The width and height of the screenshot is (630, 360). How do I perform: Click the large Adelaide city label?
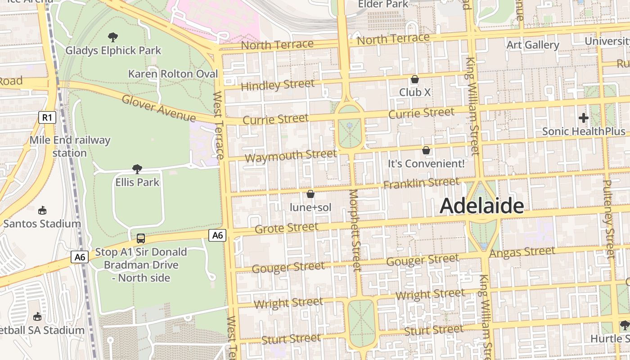click(481, 206)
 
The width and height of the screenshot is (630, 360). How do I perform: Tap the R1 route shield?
click(47, 118)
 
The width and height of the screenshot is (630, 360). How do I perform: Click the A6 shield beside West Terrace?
click(217, 235)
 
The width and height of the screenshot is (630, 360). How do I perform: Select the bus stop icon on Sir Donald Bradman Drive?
click(141, 238)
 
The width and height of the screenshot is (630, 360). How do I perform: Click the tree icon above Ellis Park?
click(137, 169)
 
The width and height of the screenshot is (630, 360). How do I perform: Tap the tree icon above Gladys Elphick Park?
click(113, 37)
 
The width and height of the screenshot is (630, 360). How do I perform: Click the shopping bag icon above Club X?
click(415, 79)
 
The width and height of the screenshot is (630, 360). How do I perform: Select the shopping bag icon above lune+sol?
click(310, 194)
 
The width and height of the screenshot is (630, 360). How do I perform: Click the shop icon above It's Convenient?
click(426, 150)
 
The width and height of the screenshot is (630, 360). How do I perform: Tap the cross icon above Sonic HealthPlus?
click(584, 118)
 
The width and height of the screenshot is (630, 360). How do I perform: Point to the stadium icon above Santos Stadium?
click(42, 210)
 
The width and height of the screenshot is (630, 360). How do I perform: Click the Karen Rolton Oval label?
click(173, 74)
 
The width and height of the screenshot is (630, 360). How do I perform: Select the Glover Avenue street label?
click(158, 108)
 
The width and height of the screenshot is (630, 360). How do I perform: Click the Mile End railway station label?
click(70, 146)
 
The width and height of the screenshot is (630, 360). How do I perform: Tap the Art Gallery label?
click(533, 45)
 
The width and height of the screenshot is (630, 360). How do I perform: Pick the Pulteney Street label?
click(608, 219)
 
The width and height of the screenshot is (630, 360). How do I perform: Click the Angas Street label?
click(522, 252)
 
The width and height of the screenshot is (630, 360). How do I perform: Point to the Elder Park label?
click(383, 4)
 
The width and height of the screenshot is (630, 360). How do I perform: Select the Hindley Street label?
click(278, 85)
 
